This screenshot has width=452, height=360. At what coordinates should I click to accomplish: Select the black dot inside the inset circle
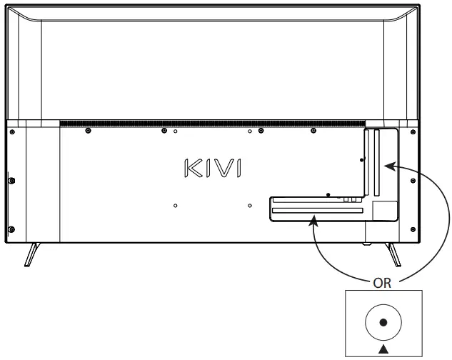(383, 322)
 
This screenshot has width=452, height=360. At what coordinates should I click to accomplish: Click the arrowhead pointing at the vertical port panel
(387, 166)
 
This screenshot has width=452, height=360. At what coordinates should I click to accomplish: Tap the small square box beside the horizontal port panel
(384, 210)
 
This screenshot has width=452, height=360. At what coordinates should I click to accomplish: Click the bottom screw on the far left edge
(12, 229)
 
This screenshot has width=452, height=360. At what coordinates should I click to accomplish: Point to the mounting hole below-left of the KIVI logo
(176, 206)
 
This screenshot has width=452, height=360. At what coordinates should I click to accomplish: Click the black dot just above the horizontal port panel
(327, 194)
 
